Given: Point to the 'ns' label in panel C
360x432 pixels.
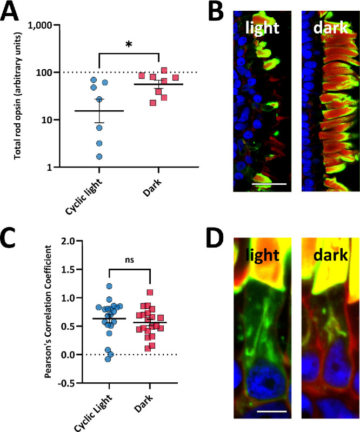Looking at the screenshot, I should (129, 259).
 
